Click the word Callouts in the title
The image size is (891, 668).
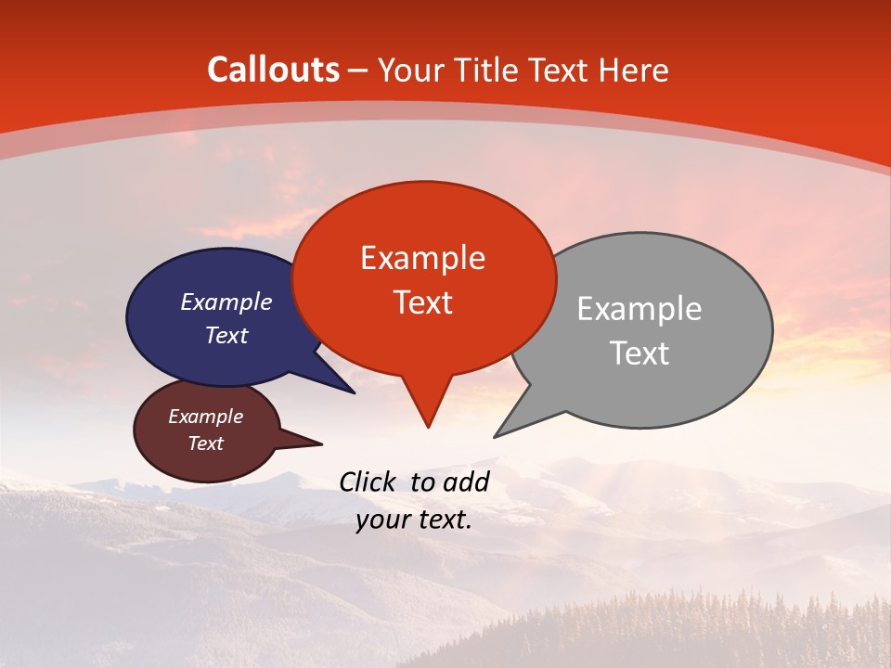point(273,71)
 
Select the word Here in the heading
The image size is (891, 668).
point(634,71)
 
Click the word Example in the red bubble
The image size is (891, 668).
point(422,258)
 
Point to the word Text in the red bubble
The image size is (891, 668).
point(422,302)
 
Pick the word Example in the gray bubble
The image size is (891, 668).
point(639,309)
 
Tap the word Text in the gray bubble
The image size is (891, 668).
point(639,353)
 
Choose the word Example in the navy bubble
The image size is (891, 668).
point(226,302)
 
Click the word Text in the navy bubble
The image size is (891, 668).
point(226,336)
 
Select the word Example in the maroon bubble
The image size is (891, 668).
point(205,417)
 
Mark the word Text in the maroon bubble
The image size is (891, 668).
point(205,443)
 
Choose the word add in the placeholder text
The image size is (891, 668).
point(466,482)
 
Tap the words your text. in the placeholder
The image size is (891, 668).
point(414,520)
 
